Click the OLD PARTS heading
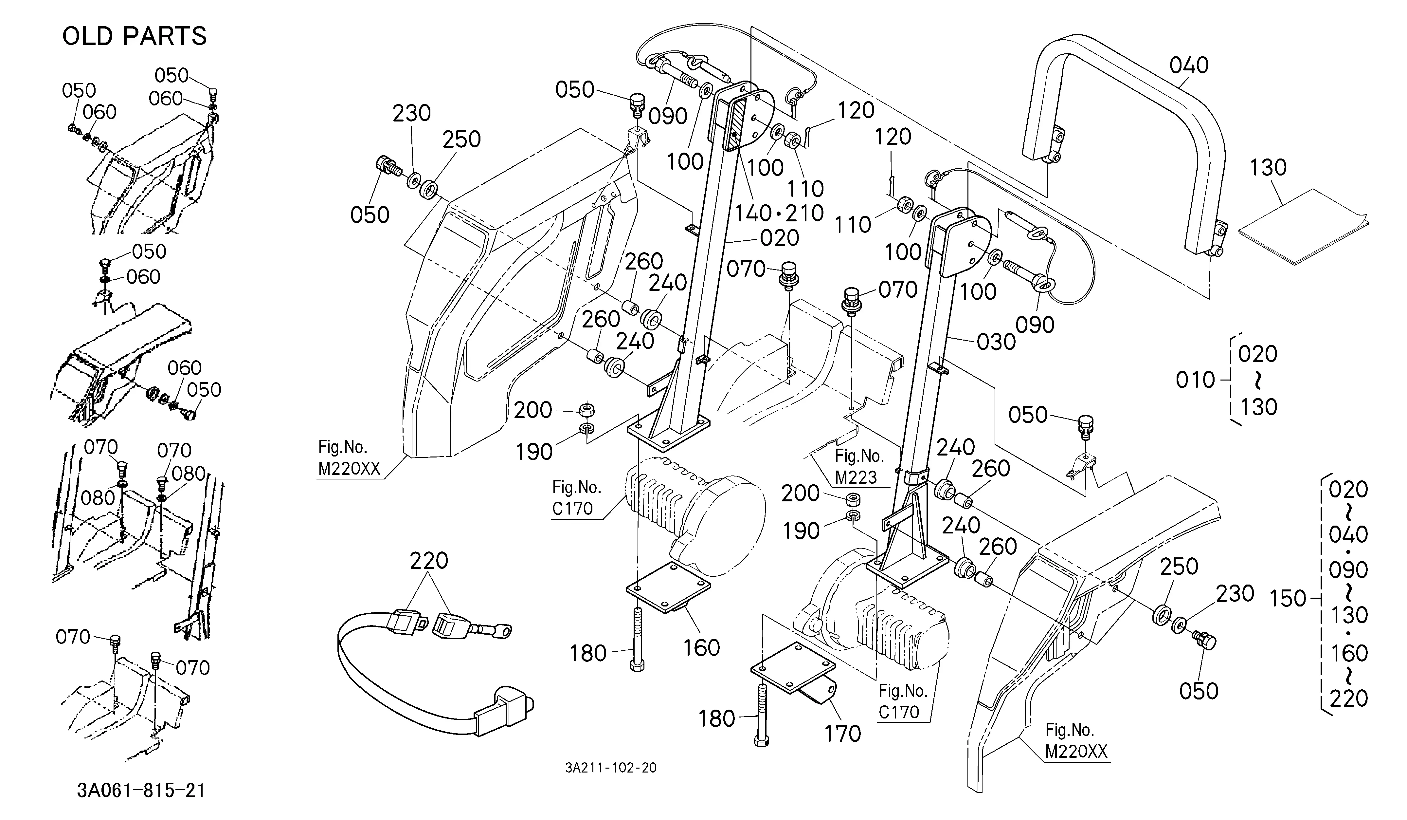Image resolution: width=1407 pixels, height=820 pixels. click(x=135, y=36)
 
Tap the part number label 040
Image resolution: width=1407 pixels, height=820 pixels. click(x=1189, y=65)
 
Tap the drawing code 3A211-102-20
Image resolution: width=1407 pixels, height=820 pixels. click(x=611, y=768)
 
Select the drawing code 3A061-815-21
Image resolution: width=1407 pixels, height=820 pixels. click(x=141, y=791)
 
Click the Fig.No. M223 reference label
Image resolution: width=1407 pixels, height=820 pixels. click(x=859, y=466)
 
